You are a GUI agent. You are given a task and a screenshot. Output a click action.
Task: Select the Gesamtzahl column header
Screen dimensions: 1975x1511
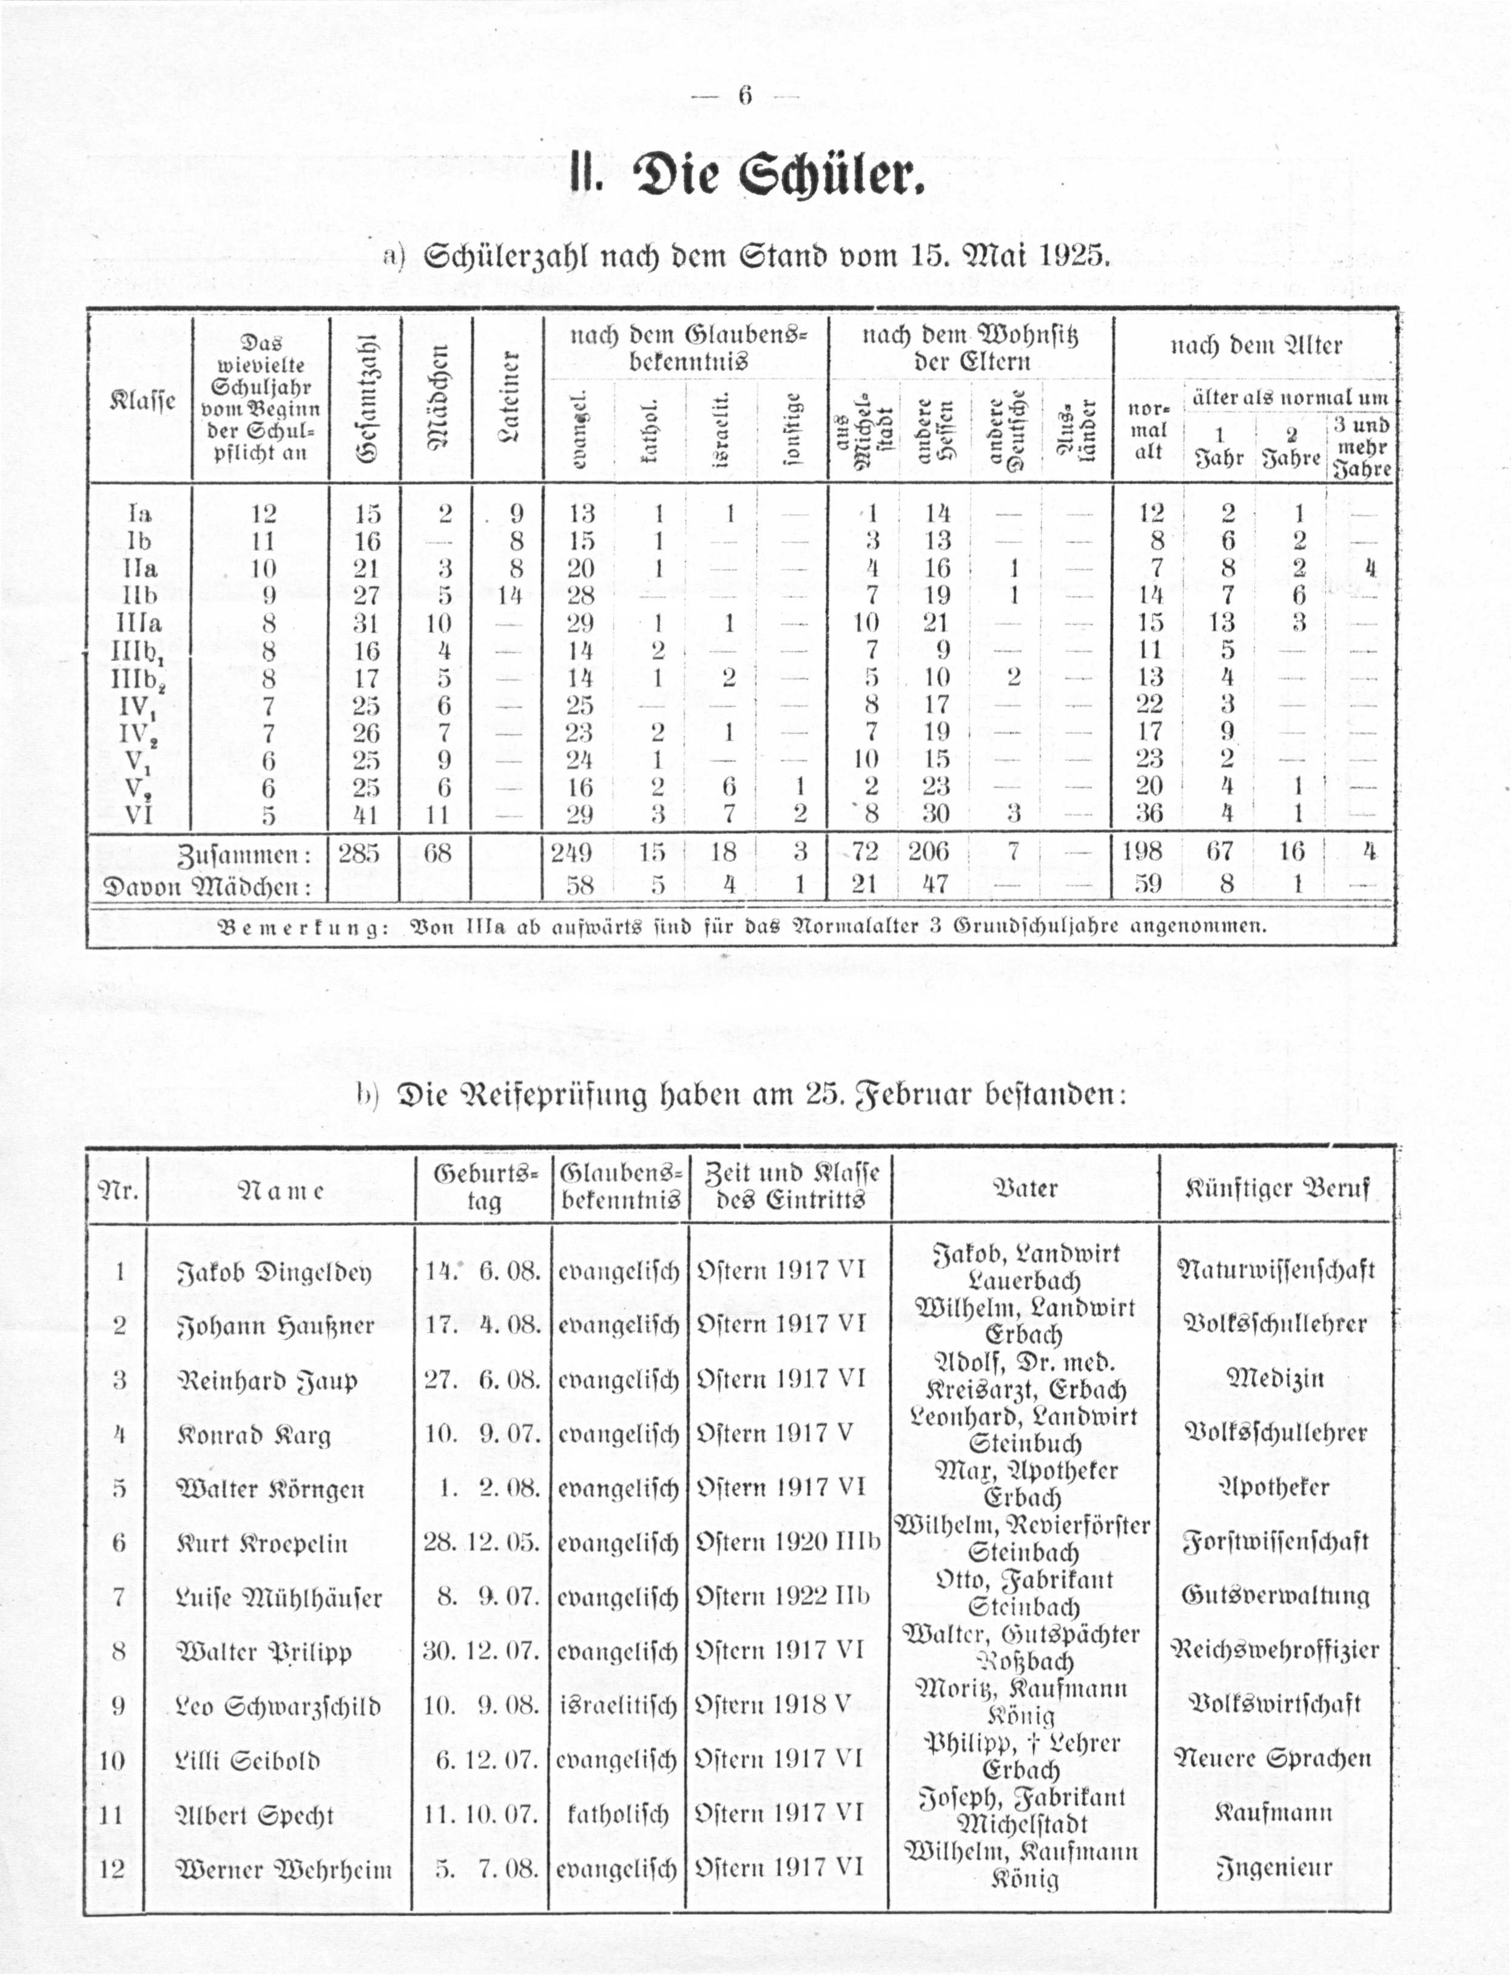(365, 397)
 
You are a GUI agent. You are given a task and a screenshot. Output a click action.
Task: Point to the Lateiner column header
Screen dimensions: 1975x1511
(508, 397)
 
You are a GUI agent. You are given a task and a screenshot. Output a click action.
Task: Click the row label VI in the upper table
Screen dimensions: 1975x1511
(140, 815)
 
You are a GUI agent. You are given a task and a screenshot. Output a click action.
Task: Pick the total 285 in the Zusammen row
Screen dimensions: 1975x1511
(359, 852)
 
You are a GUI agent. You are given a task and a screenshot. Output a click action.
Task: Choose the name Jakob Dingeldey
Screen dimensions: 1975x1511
(274, 1273)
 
